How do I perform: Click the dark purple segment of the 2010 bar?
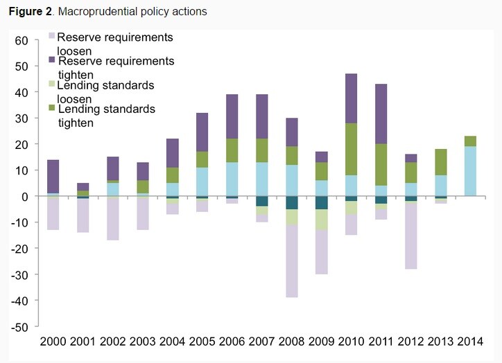coord(352,98)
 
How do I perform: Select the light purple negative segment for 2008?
coord(292,261)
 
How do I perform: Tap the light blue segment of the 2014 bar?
coord(470,171)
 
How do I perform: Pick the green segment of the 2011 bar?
coord(381,165)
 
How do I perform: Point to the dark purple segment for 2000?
coord(53,177)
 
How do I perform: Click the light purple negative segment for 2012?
coord(410,236)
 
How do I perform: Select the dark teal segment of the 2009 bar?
coord(322,203)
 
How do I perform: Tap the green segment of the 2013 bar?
coord(440,162)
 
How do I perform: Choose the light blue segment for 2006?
coord(232,179)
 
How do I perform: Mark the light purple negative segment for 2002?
coord(113,219)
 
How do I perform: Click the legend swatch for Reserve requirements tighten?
coord(52,60)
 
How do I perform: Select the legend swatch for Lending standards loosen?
coord(52,84)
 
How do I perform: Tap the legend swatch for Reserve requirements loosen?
coord(52,35)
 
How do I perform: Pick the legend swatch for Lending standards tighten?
coord(52,108)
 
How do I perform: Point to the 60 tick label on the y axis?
coord(21,41)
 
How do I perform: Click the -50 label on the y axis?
coord(19,327)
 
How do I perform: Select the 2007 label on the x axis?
coord(261,342)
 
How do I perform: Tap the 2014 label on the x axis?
coord(470,342)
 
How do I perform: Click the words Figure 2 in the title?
coord(30,12)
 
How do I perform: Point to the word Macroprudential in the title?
coord(93,12)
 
